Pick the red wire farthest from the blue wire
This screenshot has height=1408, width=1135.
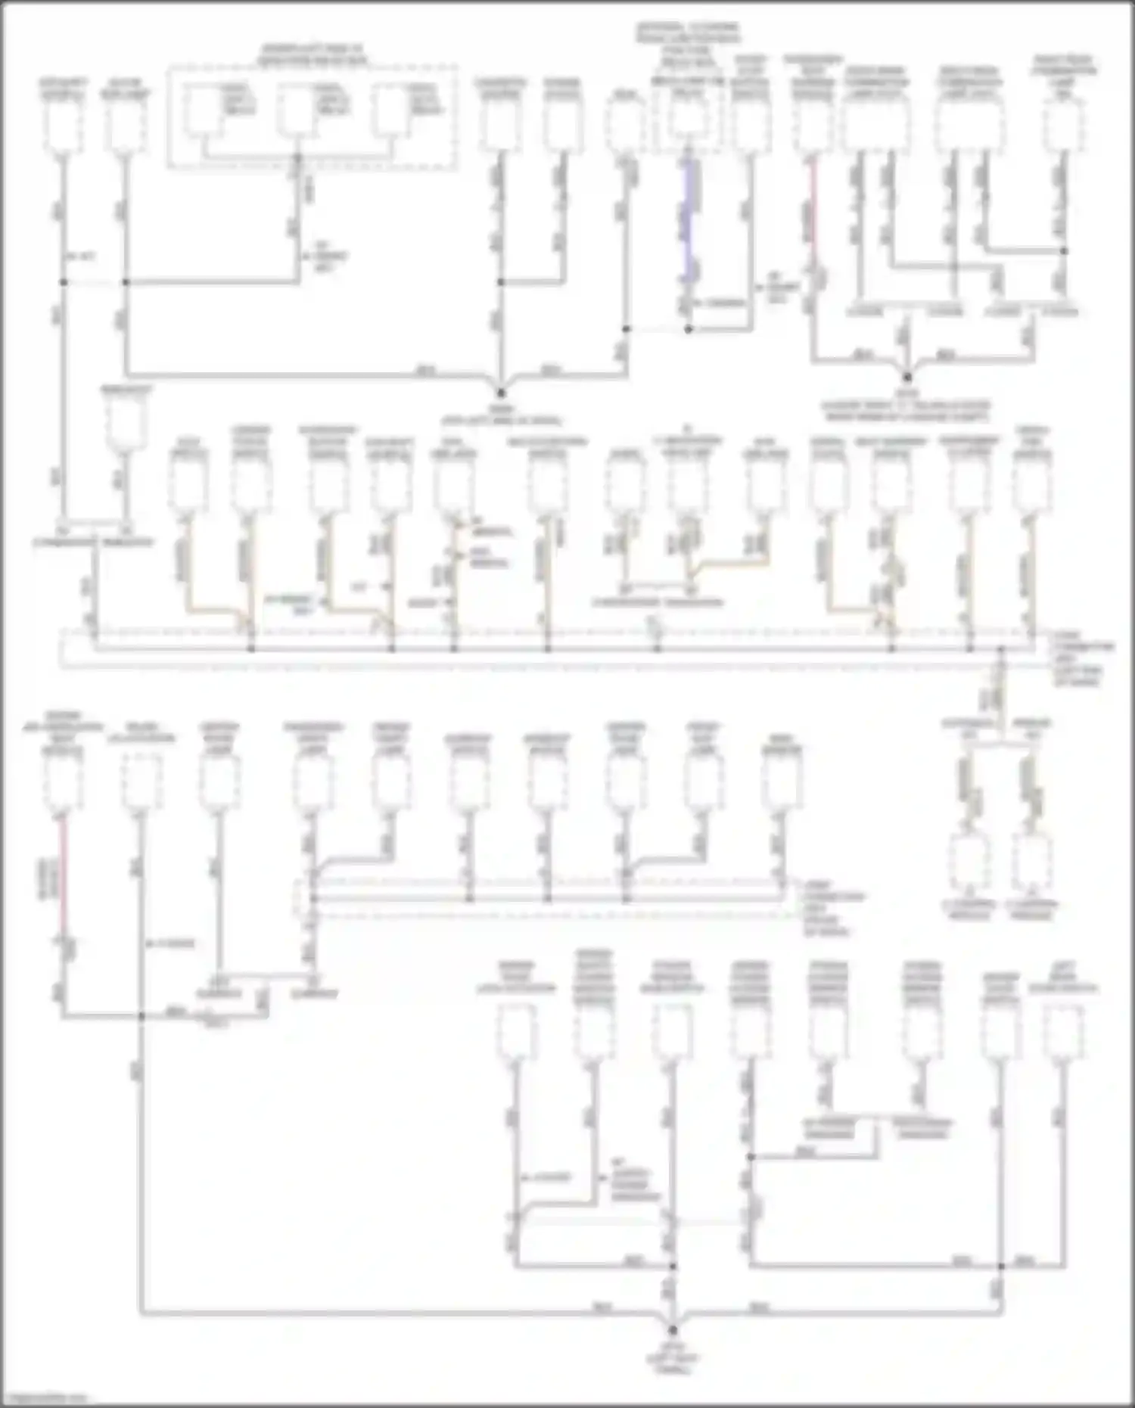(63, 878)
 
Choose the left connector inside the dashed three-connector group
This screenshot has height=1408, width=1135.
(204, 110)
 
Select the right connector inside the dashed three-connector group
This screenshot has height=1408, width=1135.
(391, 110)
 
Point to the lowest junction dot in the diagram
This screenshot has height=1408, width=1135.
(673, 1329)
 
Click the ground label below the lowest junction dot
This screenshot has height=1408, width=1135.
(673, 1358)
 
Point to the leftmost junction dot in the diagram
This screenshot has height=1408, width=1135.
(63, 282)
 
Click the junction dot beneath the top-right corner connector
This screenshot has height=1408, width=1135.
(1063, 250)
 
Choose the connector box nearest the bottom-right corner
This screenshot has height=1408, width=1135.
(1063, 1033)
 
